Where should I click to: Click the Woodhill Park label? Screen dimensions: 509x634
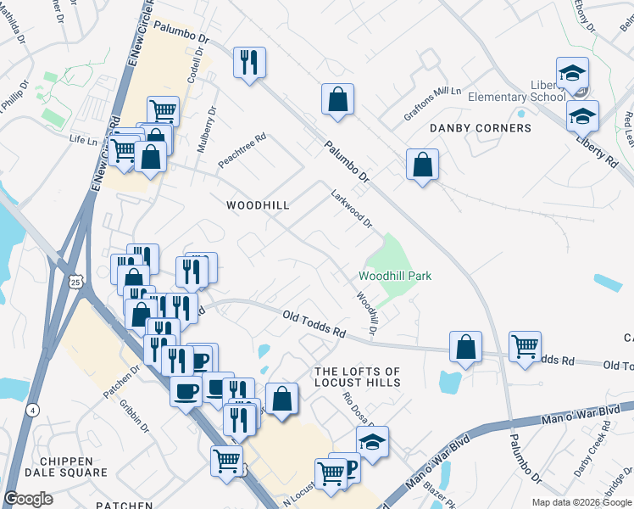click(395, 276)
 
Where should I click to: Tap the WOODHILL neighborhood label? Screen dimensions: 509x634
click(258, 205)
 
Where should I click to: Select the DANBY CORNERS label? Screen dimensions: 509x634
click(480, 128)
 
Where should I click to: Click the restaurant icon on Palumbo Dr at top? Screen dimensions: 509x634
click(249, 63)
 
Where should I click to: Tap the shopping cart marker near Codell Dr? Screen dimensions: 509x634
click(163, 110)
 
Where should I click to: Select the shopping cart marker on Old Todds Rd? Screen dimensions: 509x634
click(526, 346)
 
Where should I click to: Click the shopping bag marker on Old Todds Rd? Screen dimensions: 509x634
click(465, 346)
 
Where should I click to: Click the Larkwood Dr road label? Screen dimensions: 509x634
click(352, 209)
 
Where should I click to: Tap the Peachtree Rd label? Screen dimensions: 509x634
click(242, 148)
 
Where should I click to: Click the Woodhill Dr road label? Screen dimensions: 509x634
click(366, 312)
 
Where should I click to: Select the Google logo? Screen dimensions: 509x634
click(29, 499)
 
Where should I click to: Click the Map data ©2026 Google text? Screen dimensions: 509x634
click(581, 502)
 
